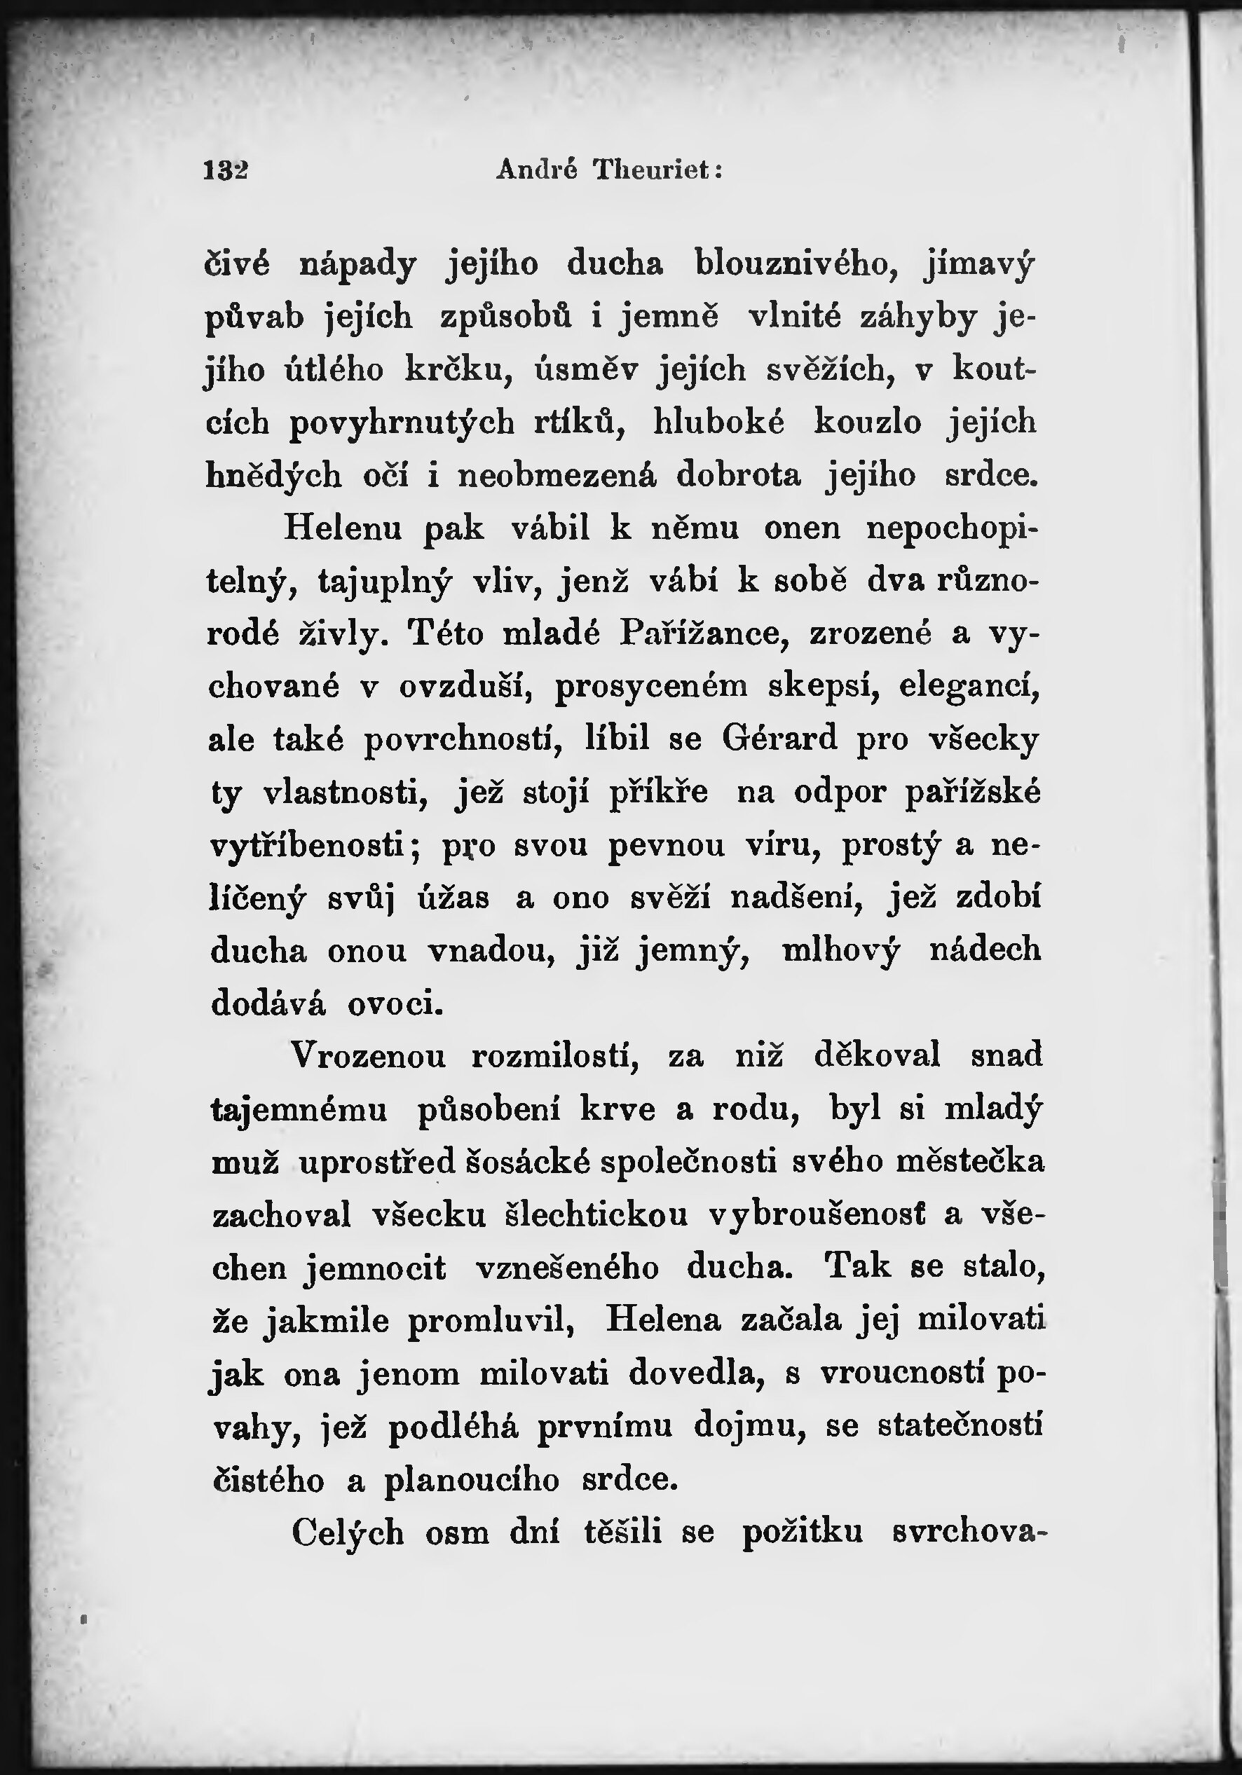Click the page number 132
(225, 170)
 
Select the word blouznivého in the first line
(796, 264)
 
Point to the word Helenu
(344, 528)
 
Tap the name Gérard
(779, 739)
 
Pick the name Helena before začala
(664, 1320)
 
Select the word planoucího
(471, 1480)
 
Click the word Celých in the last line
(348, 1533)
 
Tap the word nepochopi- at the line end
(952, 529)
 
